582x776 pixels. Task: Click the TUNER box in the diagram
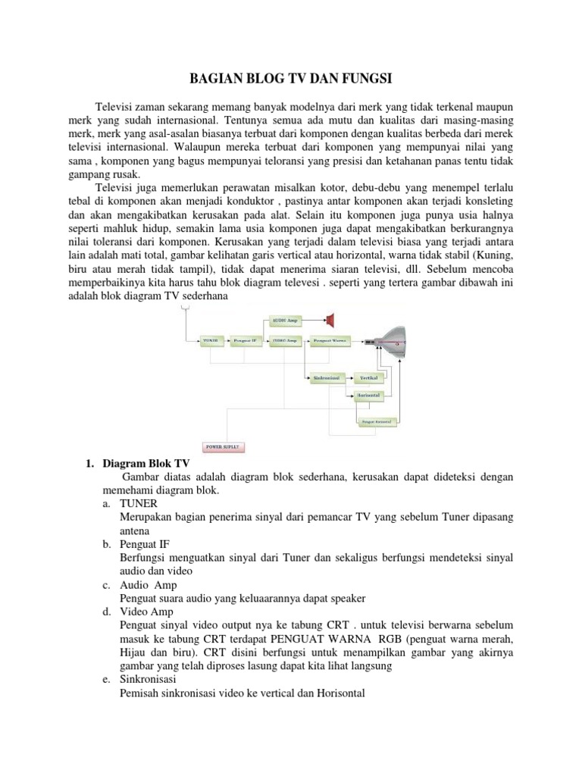(x=211, y=342)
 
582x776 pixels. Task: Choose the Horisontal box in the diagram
(x=368, y=396)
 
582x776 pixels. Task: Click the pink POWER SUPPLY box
(x=222, y=447)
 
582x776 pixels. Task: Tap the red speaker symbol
(x=330, y=318)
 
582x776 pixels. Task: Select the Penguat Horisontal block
(x=377, y=421)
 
